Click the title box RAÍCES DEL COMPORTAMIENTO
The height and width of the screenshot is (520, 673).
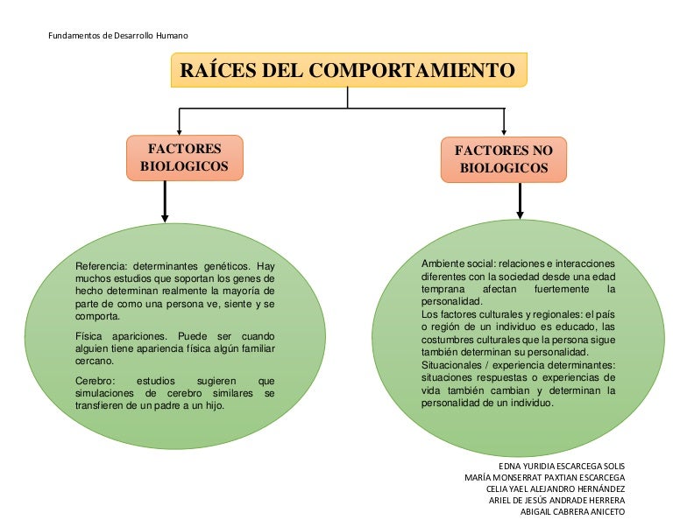(x=348, y=70)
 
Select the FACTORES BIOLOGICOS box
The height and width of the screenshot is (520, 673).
(x=184, y=158)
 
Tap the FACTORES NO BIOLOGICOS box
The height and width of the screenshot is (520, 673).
(x=503, y=159)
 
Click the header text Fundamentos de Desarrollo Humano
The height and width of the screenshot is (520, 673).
(x=116, y=35)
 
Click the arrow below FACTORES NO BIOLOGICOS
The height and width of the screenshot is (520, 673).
(x=520, y=200)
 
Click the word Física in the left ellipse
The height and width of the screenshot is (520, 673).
(x=89, y=336)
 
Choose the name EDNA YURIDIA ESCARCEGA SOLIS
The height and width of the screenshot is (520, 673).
(x=561, y=466)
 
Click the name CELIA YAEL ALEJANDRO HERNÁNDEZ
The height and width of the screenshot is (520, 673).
(x=555, y=488)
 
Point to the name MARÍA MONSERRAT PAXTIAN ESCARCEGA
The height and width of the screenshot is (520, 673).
(x=544, y=477)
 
